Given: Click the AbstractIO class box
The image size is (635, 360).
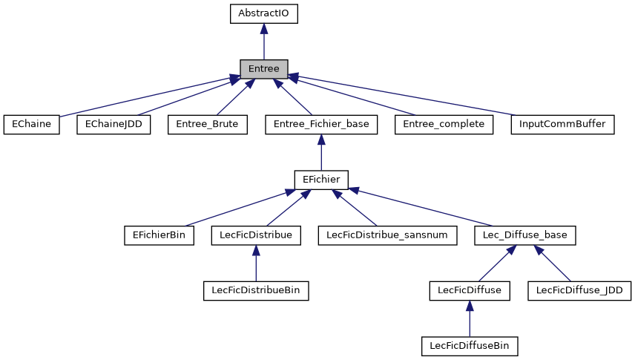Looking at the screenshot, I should (263, 13).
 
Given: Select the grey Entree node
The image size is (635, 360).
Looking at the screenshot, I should (263, 69).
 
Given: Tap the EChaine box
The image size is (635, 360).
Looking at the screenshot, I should (31, 124).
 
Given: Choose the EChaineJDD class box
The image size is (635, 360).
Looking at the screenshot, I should (113, 124).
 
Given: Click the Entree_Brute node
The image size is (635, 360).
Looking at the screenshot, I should (207, 124).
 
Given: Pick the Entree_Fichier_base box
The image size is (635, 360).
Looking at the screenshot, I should (321, 124).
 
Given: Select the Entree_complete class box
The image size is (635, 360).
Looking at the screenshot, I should (444, 124).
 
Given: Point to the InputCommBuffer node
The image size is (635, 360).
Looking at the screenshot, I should (563, 124).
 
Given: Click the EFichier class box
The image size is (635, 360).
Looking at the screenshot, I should (321, 180).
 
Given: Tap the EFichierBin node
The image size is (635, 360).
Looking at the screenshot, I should (159, 235).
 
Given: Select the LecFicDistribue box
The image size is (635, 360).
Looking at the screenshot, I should (256, 235).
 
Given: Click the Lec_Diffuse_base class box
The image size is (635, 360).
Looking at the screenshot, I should (525, 235).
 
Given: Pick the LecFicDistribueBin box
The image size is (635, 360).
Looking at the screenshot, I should (256, 290).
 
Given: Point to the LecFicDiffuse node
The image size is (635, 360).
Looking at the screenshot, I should (470, 290).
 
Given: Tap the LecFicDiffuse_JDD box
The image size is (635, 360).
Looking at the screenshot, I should (579, 290).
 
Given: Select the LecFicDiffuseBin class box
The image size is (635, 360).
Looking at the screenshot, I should (470, 346).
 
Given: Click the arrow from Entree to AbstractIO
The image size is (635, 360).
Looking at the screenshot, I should (263, 42).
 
